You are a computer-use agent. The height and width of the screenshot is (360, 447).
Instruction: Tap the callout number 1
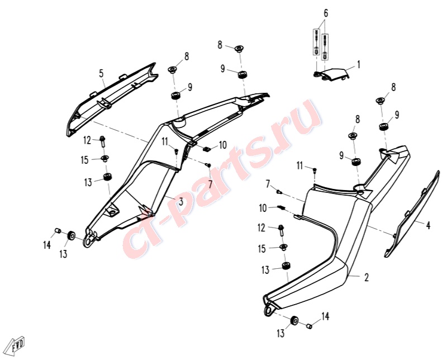(x=359, y=64)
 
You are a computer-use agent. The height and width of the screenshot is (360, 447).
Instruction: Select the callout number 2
(x=367, y=277)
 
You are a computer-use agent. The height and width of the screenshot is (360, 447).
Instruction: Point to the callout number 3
(x=180, y=202)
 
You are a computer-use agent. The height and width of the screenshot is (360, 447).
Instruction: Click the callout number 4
(x=428, y=225)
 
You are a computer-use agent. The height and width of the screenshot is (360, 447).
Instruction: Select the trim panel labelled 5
(x=111, y=100)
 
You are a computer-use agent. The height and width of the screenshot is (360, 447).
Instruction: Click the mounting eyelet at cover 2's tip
(x=269, y=310)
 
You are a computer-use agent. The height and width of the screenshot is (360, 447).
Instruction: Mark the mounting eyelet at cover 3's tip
(x=88, y=242)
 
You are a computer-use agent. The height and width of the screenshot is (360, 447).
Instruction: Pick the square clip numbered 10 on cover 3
(x=207, y=149)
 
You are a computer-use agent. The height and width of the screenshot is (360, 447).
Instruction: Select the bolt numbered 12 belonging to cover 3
(x=103, y=142)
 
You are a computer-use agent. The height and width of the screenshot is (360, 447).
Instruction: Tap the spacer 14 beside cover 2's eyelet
(x=309, y=326)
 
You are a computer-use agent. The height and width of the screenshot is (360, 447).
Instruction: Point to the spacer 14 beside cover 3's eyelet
(x=57, y=230)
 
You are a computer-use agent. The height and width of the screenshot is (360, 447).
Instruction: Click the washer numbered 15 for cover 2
(x=284, y=247)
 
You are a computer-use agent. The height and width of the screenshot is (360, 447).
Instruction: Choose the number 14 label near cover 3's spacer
(x=47, y=245)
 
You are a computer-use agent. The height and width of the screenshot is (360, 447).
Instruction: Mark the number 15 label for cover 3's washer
(x=85, y=160)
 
